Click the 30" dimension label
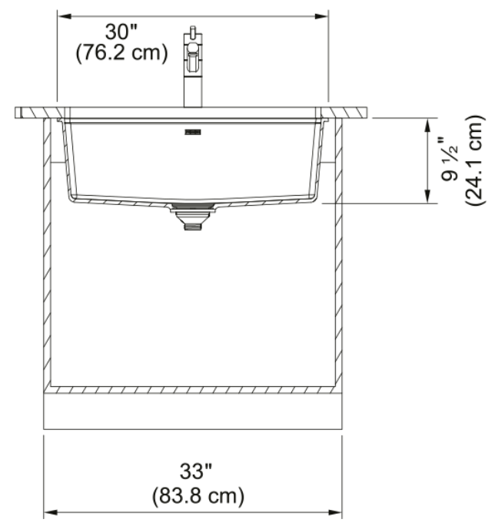(x=121, y=32)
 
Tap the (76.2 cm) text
(x=121, y=53)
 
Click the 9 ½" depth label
(x=450, y=159)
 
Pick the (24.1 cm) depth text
(x=474, y=160)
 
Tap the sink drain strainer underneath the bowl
(x=193, y=207)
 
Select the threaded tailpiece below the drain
(x=193, y=225)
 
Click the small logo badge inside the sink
(x=193, y=132)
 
